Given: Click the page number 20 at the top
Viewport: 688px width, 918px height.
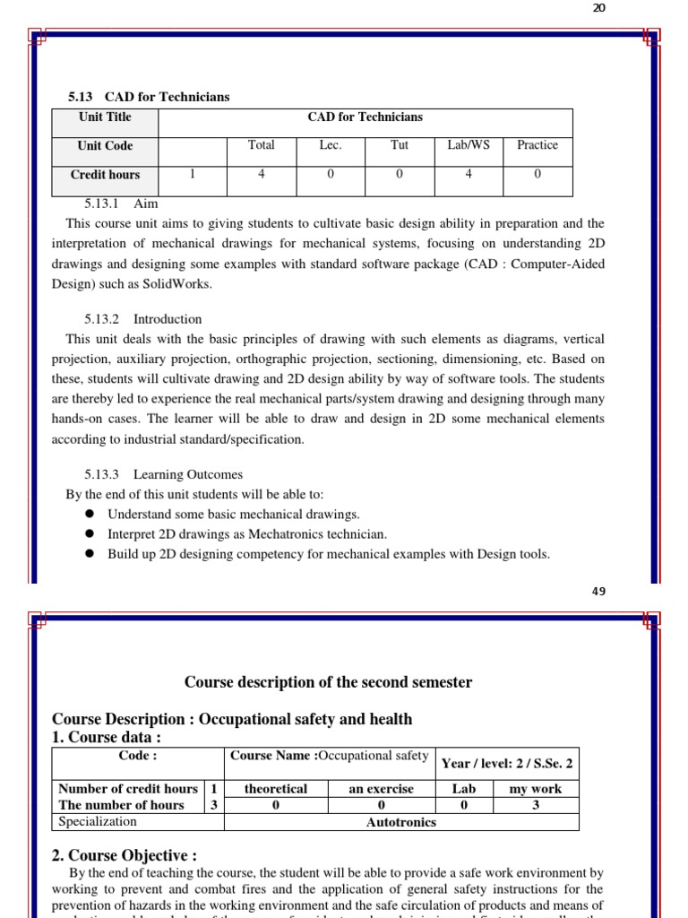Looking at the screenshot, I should point(598,8).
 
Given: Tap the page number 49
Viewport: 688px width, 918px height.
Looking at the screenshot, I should point(598,592).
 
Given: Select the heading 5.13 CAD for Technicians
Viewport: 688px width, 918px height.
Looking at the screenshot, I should point(149,97).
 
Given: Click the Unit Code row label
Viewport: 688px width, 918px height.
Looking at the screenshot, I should point(105,146).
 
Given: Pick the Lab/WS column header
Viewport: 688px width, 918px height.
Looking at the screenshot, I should point(469,145).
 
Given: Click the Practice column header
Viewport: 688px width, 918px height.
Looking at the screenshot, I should point(537,145).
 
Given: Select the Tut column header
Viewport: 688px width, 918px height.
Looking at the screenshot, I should point(399,145).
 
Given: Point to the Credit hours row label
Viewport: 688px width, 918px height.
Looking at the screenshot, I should point(105,175).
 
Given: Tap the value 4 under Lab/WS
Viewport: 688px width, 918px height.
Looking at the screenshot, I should point(469,175).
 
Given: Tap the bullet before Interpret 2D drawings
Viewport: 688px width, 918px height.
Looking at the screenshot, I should point(90,534).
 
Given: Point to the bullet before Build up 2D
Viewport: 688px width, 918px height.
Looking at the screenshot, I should point(90,554).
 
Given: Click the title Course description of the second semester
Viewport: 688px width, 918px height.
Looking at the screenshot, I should point(328,682).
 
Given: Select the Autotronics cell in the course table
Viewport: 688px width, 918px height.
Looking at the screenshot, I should point(400,822).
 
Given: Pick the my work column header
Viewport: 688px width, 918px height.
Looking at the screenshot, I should point(535,789).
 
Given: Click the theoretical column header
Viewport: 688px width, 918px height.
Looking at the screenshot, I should point(275,789).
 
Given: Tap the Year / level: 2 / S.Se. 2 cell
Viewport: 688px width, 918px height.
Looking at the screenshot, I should point(506,764).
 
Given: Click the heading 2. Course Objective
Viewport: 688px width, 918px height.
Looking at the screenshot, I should point(125,855).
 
